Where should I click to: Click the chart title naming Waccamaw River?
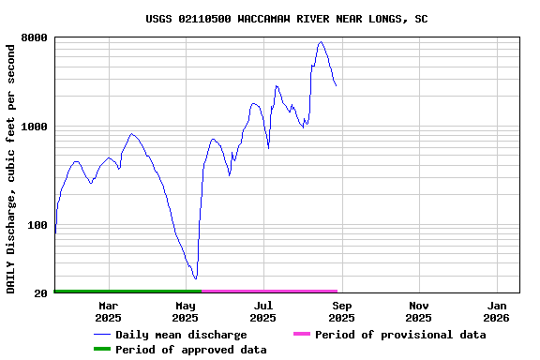pos(287,19)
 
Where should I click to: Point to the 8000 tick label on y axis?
pos(35,38)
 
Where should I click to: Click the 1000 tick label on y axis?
pos(35,127)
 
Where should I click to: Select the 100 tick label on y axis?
pos(37,225)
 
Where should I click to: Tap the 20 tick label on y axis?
pos(41,294)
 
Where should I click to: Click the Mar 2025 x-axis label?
pos(108,311)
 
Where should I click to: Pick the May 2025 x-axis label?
pos(186,311)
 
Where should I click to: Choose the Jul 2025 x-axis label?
pos(263,311)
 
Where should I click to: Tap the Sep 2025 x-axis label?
pos(341,311)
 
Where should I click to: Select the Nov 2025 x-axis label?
pos(419,311)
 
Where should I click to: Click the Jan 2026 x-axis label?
pos(497,311)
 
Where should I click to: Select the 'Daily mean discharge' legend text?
pos(181,335)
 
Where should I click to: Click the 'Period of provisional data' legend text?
pos(400,335)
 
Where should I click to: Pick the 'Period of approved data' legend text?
pos(191,350)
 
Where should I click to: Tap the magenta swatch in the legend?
pos(301,334)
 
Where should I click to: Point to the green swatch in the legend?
pos(101,349)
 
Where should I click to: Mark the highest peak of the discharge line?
pos(321,41)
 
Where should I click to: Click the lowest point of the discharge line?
pos(195,278)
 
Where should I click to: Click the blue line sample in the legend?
pos(101,335)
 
